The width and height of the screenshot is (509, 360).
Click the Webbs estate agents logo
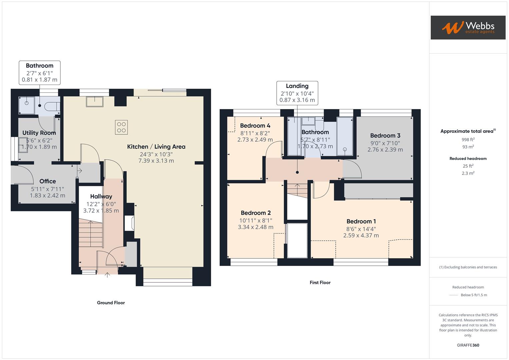(x=468, y=27)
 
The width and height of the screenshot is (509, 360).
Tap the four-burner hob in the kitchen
(x=121, y=127)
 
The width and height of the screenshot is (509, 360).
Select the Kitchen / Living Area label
(x=156, y=147)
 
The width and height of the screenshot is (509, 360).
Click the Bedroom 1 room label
(x=361, y=221)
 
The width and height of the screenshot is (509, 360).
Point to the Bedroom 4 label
(x=255, y=126)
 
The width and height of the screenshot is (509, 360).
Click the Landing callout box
(x=297, y=93)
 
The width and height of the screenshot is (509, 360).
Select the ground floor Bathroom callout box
(x=39, y=72)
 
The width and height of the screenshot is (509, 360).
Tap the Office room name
(x=48, y=181)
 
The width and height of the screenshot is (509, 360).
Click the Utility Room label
(x=39, y=133)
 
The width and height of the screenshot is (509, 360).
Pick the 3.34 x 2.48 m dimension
(x=255, y=227)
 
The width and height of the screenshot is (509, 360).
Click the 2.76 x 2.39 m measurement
(x=385, y=150)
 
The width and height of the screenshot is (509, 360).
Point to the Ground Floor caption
(x=111, y=303)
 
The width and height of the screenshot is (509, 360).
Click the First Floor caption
(x=320, y=282)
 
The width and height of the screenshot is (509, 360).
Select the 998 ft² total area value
(x=468, y=140)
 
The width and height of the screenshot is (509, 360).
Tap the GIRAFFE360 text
(x=468, y=345)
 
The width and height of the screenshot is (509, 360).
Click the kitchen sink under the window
(x=95, y=101)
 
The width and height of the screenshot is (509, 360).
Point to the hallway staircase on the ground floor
(x=90, y=233)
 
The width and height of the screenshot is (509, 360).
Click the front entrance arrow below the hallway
(x=107, y=275)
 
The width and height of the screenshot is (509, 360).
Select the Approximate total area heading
(x=468, y=131)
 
